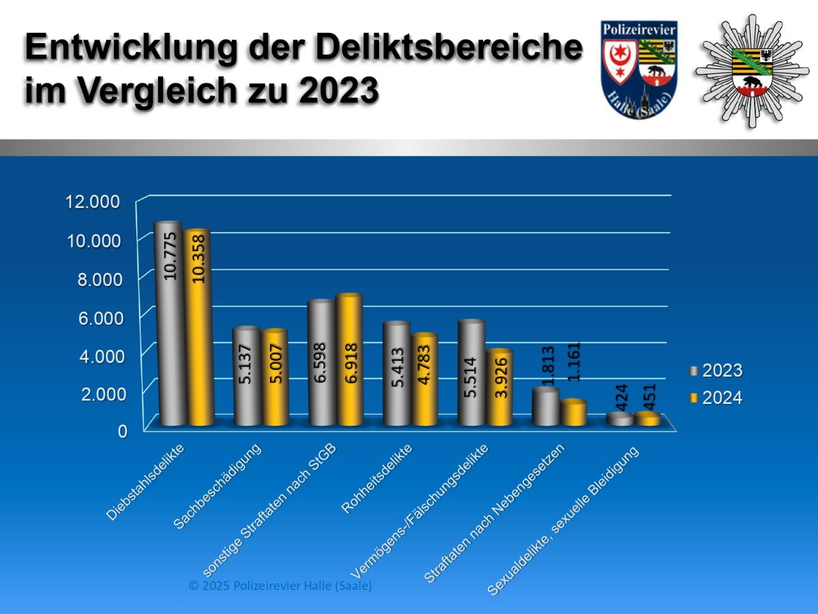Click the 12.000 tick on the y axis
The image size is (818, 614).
(92, 202)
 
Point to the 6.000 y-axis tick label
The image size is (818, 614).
(96, 317)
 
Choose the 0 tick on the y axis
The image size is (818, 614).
(123, 431)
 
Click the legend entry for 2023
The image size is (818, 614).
(715, 371)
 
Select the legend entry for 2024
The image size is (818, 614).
(715, 398)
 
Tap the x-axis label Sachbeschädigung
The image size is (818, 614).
(217, 485)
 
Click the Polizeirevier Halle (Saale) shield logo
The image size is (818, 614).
(639, 72)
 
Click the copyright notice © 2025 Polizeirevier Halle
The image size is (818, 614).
(281, 586)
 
